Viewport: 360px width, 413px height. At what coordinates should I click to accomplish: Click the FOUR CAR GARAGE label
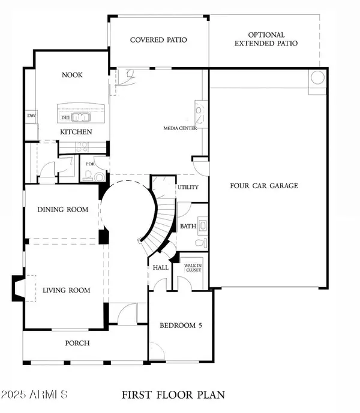264,186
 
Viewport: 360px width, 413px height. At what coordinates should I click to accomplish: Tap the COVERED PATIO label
158,40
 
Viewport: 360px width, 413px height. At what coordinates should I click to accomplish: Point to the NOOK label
72,76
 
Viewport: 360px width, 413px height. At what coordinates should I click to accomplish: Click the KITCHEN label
76,132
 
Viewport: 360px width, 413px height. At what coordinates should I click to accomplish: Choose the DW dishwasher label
30,115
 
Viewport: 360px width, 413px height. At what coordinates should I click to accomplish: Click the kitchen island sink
80,117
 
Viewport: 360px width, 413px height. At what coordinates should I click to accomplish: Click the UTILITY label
187,187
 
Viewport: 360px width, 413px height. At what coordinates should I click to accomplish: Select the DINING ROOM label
62,210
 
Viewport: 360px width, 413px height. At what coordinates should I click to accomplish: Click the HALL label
160,267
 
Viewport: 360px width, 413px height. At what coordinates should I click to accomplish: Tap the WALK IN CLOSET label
193,267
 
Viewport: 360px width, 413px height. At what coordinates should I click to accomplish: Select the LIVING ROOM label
66,291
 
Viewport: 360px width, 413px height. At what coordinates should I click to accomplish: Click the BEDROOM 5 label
178,326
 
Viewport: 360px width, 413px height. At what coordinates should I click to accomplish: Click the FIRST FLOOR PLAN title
173,395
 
